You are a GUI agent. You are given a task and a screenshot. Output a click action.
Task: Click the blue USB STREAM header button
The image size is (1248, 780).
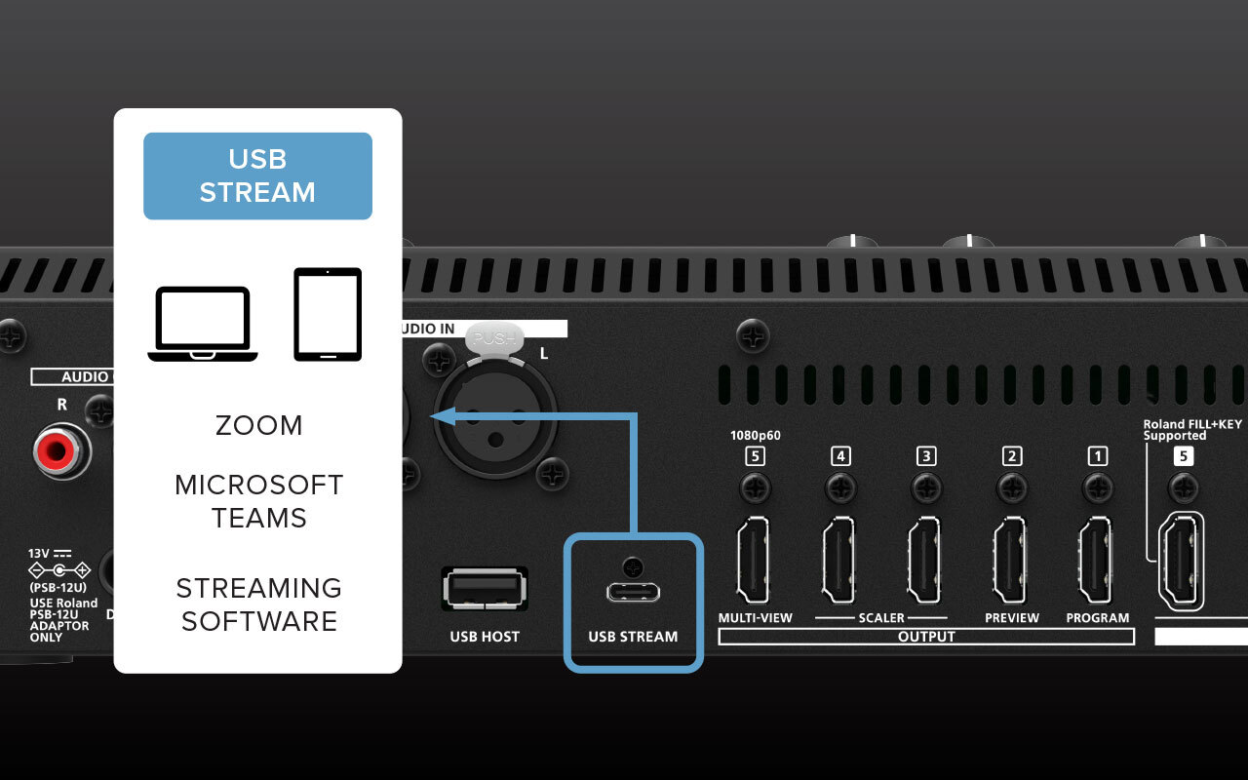tap(257, 175)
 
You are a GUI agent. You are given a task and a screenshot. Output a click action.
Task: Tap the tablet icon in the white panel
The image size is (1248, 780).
tap(328, 314)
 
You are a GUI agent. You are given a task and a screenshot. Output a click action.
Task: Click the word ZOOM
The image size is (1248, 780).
tap(258, 425)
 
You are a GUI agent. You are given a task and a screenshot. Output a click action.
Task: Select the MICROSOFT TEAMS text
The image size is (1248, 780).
tap(258, 501)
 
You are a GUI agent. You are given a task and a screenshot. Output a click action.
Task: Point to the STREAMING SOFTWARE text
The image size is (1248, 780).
tap(258, 604)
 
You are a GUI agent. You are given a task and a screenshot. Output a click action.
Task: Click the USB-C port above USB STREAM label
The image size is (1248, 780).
tap(634, 592)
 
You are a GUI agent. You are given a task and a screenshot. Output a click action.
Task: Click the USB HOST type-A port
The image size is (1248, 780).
tap(485, 591)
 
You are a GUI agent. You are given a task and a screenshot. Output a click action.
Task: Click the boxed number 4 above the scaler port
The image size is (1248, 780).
tap(840, 455)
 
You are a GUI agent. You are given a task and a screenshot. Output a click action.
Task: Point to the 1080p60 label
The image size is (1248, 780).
tap(755, 436)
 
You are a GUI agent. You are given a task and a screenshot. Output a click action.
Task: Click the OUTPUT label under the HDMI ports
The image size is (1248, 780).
tap(925, 637)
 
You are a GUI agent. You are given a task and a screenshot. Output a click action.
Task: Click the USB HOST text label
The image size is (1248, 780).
tap(485, 637)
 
